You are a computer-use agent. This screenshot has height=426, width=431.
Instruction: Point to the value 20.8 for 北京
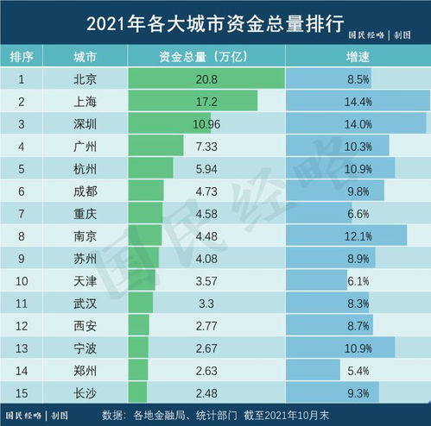(x=206, y=78)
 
